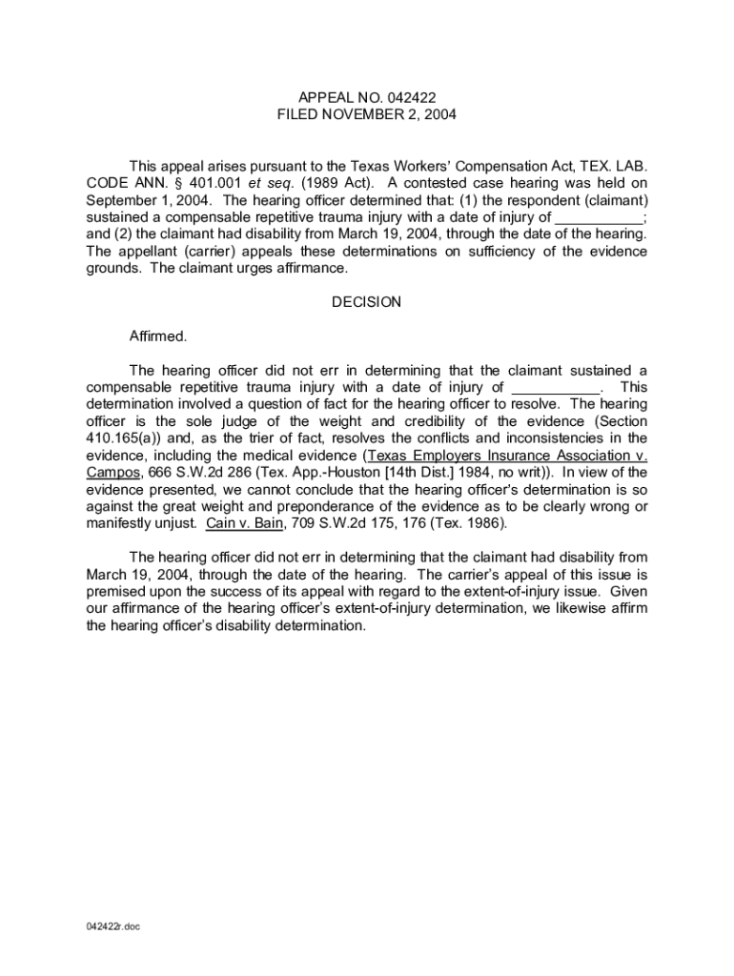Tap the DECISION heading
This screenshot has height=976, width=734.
[x=367, y=302]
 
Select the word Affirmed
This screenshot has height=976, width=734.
[x=158, y=336]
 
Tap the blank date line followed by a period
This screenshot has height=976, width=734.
[x=557, y=387]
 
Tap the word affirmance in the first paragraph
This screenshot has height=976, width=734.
[x=311, y=268]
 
